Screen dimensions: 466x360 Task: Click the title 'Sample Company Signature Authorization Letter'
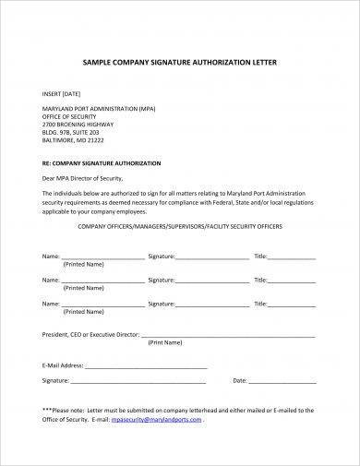coord(179,61)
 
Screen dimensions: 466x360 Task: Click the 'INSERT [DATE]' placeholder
coord(61,94)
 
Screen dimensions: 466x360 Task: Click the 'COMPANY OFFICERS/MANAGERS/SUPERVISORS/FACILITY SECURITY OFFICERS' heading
coord(180,225)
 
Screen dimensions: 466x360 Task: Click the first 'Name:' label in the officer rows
coord(51,254)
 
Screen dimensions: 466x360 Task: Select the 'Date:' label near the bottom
coord(240,379)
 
